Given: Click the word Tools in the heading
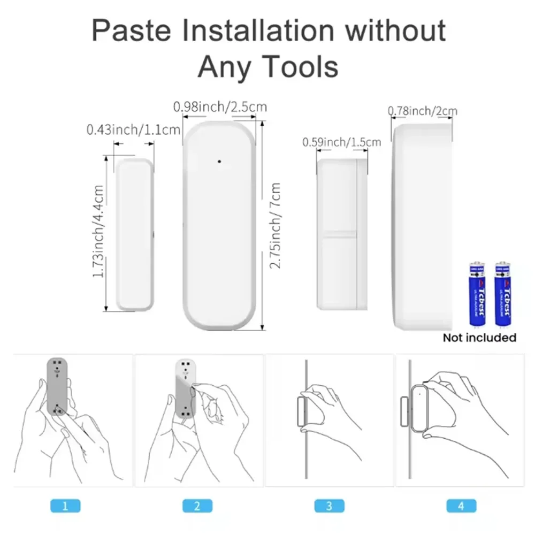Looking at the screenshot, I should click(299, 67).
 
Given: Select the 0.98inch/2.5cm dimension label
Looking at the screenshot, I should click(220, 107).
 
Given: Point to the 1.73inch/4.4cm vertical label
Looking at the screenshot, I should click(98, 231).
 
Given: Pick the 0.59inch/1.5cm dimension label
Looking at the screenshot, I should click(342, 142).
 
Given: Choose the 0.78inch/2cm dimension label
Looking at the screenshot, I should click(423, 111).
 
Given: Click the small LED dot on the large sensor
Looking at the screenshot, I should click(219, 160).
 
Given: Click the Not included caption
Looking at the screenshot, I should click(479, 338).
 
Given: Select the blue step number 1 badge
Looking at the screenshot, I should click(65, 506).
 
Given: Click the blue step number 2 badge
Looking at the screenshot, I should click(197, 506).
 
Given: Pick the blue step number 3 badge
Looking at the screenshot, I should click(329, 506).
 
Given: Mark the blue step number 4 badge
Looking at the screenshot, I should click(461, 506).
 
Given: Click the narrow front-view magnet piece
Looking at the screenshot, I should click(135, 234).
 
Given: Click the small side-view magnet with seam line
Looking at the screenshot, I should click(342, 234).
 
